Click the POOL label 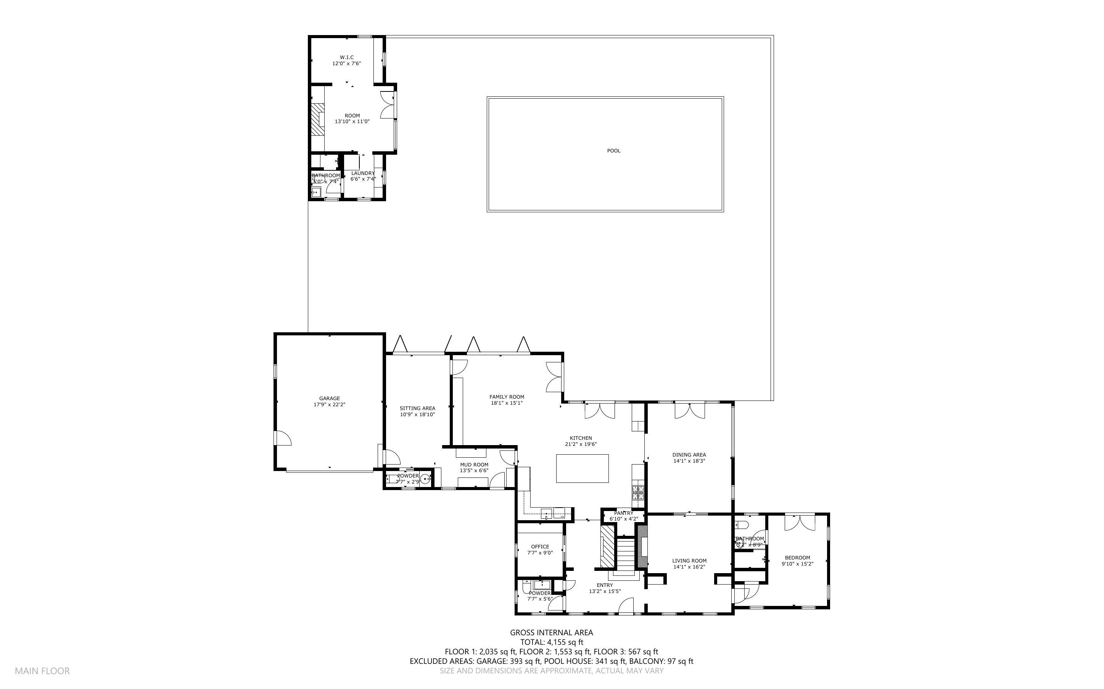tap(613, 151)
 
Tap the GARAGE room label tap(329, 398)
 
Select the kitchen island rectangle tap(582, 468)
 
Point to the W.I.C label tap(346, 58)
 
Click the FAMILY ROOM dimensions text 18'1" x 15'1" tap(507, 403)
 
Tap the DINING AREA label tap(689, 455)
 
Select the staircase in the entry tap(626, 554)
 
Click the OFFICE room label tap(540, 547)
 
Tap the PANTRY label tap(623, 513)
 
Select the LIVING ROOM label tap(689, 561)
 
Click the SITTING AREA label tap(417, 408)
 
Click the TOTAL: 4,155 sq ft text tap(551, 642)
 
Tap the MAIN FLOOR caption tap(42, 671)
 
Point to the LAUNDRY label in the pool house tap(362, 173)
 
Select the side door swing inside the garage tap(283, 438)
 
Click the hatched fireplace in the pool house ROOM tap(317, 119)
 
